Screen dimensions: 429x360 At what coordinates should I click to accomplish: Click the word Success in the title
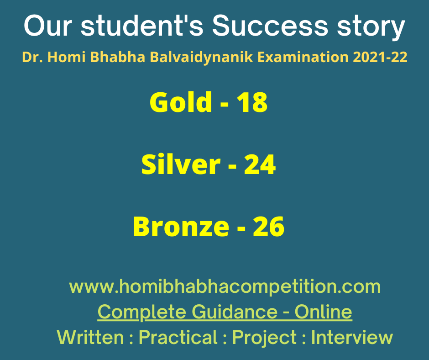coord(270,26)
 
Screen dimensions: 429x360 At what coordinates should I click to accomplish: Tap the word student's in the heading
coord(142,26)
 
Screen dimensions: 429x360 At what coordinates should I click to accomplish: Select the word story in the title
coord(371,27)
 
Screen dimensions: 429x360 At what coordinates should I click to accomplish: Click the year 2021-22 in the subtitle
coord(380,57)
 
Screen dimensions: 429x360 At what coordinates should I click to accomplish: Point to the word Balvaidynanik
coord(201,58)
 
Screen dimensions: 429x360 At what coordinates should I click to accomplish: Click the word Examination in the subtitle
coord(303,57)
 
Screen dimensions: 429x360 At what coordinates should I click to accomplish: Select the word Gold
coord(181,101)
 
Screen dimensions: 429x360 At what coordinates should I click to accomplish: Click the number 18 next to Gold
coord(252,102)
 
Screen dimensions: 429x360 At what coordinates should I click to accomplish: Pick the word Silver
coord(181,164)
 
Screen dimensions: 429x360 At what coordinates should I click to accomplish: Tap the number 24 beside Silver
coord(260,164)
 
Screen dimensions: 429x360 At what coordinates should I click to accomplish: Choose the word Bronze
coord(181,226)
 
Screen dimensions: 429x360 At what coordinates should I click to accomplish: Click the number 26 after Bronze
coord(268,226)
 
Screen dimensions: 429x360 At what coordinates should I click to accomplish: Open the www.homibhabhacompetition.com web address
coord(225,286)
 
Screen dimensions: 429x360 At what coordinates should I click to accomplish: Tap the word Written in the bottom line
coord(90,337)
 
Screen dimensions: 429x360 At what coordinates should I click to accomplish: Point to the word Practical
coord(178,337)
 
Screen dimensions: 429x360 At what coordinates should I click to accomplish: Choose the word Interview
coord(352,337)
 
